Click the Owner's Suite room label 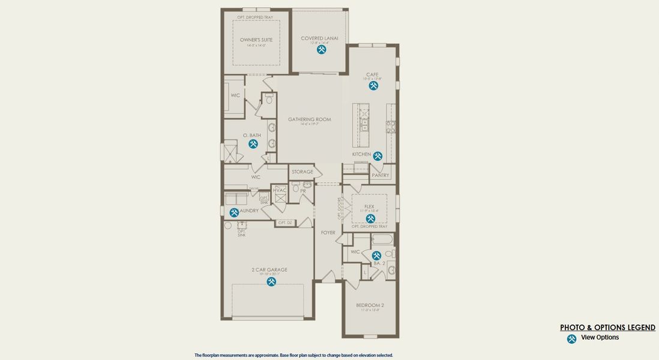tap(256, 40)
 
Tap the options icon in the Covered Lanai tap(322, 50)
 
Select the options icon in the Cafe tap(373, 86)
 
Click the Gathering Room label tap(310, 119)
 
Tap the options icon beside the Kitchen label tap(378, 156)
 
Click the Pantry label tap(381, 175)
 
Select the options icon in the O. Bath tap(253, 144)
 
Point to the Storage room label tap(302, 172)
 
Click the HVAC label tap(280, 190)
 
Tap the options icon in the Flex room tap(370, 218)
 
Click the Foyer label tap(328, 233)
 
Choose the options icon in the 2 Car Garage tap(271, 281)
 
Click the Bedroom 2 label tap(370, 305)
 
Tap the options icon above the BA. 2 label tap(376, 256)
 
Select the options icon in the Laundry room tap(234, 212)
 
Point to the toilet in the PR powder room tap(296, 188)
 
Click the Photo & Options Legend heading tap(607, 328)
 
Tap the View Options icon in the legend tap(571, 339)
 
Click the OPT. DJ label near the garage tap(284, 223)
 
